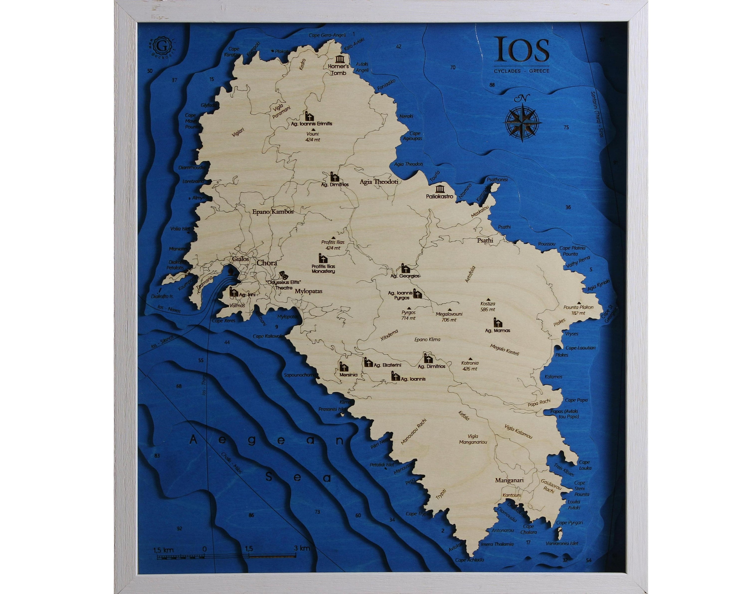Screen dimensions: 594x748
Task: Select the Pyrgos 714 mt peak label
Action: coord(408,315)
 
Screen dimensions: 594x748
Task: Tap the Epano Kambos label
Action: coord(273,212)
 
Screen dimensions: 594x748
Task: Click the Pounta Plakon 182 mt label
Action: coord(578,310)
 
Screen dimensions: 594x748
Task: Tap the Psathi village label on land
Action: coord(485,240)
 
